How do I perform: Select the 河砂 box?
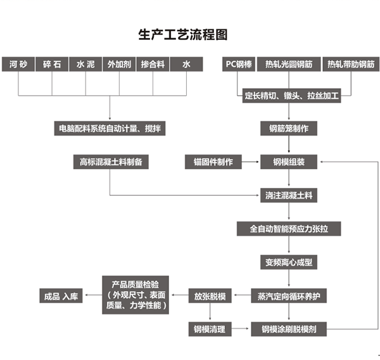pos(19,65)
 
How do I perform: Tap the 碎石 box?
pos(52,65)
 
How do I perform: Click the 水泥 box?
pos(85,65)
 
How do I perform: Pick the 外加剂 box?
pos(119,65)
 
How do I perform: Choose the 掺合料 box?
pos(153,65)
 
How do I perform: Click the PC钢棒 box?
pos(239,65)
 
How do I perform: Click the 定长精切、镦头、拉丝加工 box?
pos(293,97)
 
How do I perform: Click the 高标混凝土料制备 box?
pos(110,162)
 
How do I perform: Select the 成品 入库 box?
pos(61,296)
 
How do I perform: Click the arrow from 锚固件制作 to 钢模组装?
pos(251,162)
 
